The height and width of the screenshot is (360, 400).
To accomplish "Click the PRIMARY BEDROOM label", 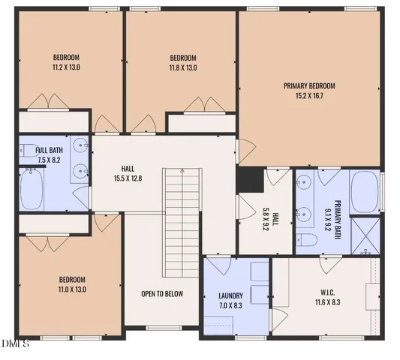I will tap(309, 85).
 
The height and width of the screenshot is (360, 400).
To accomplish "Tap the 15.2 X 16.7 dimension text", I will tap(309, 96).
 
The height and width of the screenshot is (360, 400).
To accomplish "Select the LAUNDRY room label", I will tap(230, 295).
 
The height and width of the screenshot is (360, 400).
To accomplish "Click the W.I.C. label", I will tap(323, 293).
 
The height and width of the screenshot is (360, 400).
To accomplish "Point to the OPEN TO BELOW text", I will tap(161, 293).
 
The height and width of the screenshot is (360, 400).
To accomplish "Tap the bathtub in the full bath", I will tap(32, 190).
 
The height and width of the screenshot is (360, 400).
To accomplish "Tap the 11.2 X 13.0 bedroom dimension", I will tap(66, 67).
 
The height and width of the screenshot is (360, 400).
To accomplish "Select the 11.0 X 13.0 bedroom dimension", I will tap(73, 289).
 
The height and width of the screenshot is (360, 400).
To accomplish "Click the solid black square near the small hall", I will tap(248, 179).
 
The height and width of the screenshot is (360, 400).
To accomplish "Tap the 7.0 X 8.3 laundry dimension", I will tap(230, 305).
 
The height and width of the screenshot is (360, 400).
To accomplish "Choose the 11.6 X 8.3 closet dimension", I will tap(323, 304).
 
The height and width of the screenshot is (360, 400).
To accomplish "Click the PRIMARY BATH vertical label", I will tap(337, 217).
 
